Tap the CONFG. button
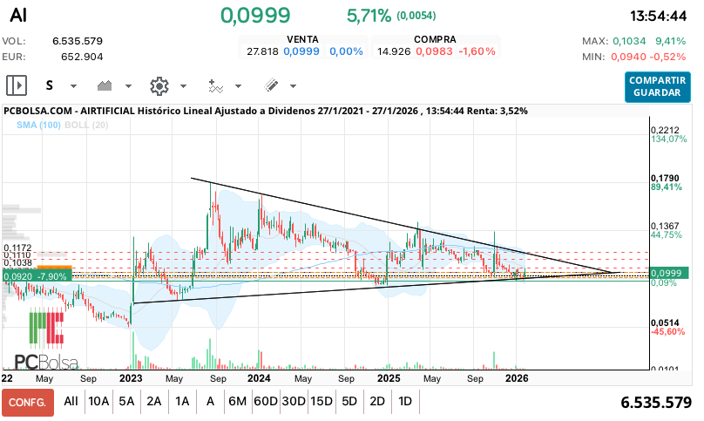[x=27, y=402]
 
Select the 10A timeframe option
[x=99, y=402]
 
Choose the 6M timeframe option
[x=237, y=402]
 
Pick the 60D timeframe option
[x=265, y=402]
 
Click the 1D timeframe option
[x=405, y=402]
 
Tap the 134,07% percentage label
[x=669, y=139]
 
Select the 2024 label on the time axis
[x=258, y=379]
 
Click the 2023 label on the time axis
[x=131, y=379]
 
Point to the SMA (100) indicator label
[x=38, y=126]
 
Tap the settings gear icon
[x=159, y=85]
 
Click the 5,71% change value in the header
[x=369, y=16]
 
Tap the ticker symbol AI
[x=17, y=16]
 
